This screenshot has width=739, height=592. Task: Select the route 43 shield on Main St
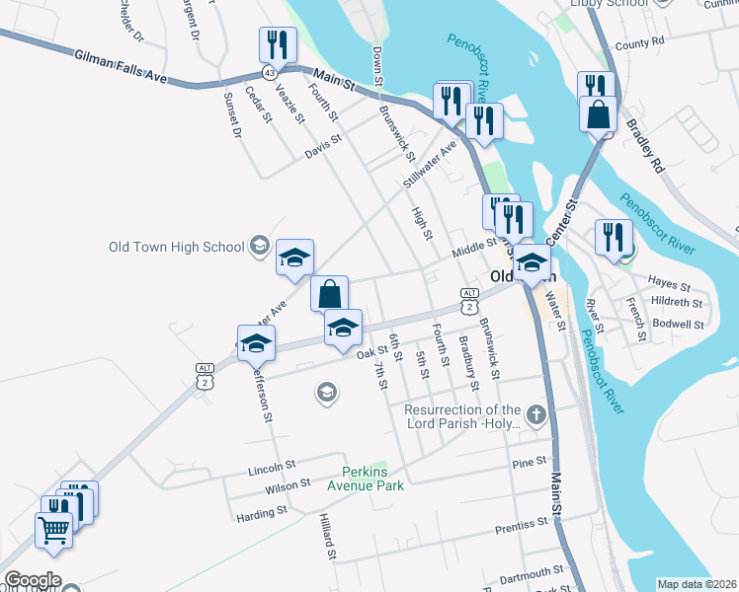coord(269,73)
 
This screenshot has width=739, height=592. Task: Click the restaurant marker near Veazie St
coord(278,45)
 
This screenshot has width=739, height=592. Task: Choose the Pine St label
coord(530,462)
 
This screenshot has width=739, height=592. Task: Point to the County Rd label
coord(638,44)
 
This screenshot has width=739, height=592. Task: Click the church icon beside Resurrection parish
coord(536,413)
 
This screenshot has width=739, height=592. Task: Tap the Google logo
coord(34,580)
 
